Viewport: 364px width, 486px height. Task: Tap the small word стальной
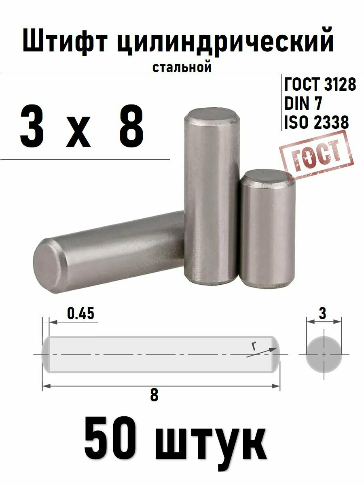click(182, 67)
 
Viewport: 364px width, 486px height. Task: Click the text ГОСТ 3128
click(320, 85)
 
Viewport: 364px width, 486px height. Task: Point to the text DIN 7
click(303, 104)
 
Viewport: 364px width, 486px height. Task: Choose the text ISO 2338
click(316, 122)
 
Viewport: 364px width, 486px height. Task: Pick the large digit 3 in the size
click(32, 126)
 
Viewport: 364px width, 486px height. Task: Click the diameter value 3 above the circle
click(322, 313)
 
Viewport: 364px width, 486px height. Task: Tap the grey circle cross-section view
click(324, 354)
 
